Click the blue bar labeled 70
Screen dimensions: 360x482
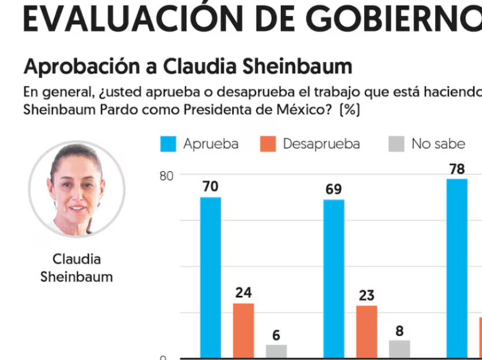(210, 277)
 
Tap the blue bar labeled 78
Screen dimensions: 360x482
(457, 268)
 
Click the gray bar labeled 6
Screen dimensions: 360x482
(276, 351)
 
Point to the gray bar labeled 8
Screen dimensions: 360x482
(400, 349)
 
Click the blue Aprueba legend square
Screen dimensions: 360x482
(168, 144)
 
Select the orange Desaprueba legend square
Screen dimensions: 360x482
(268, 144)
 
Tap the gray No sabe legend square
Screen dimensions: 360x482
(396, 144)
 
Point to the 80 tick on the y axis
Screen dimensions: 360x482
(166, 175)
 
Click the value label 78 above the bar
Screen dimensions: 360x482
(457, 169)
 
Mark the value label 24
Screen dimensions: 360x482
(243, 293)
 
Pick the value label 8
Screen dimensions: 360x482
(400, 331)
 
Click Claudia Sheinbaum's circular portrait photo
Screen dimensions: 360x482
(77, 189)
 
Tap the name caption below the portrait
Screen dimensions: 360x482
(77, 268)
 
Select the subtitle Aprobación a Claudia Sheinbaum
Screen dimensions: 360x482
(187, 66)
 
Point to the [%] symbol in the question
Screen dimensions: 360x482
(350, 110)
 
